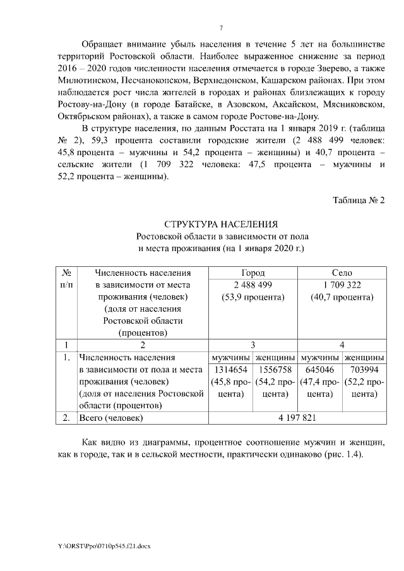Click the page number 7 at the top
[220, 28]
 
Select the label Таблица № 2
[358, 201]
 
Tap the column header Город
[252, 273]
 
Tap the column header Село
[342, 273]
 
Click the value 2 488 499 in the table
[252, 285]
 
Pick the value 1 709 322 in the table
[342, 285]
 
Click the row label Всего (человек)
[110, 418]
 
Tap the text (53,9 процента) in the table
[252, 297]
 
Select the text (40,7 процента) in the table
[342, 297]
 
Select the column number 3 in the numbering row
[252, 345]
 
